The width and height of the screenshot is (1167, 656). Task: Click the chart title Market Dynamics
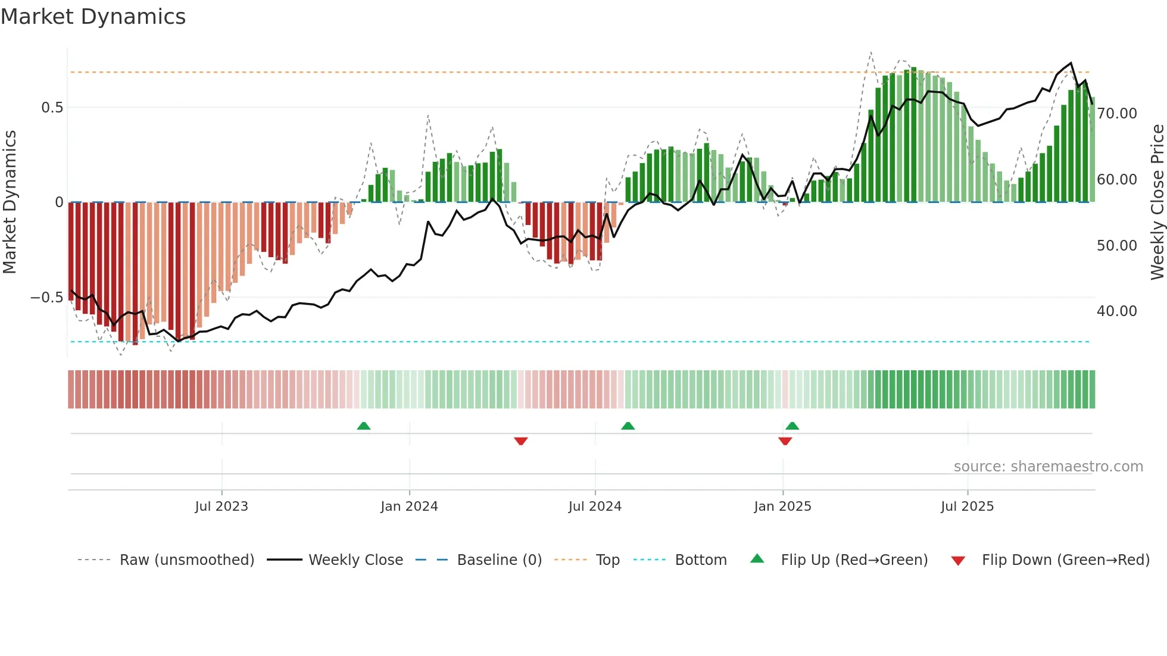pos(93,17)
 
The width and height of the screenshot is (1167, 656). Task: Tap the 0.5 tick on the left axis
pos(52,108)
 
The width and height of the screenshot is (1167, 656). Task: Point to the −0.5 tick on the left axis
pos(46,298)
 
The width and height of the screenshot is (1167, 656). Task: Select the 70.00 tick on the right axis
pos(1117,114)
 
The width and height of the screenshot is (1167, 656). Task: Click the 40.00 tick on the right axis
pos(1117,311)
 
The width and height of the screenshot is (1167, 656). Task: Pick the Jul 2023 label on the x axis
pos(221,507)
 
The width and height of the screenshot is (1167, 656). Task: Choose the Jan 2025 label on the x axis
pos(782,507)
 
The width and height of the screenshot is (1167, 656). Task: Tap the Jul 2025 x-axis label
pos(968,507)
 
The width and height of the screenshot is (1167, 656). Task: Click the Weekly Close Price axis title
pos(1157,202)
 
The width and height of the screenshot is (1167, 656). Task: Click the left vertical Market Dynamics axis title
pos(10,202)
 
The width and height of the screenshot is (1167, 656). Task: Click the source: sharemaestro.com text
pos(1048,467)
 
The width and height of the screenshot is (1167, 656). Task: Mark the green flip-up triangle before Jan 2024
pos(364,426)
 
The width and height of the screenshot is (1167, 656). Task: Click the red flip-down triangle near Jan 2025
pos(785,441)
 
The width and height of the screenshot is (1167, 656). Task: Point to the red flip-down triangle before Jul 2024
pos(521,441)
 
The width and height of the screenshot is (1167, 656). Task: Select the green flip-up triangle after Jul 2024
pos(628,426)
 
